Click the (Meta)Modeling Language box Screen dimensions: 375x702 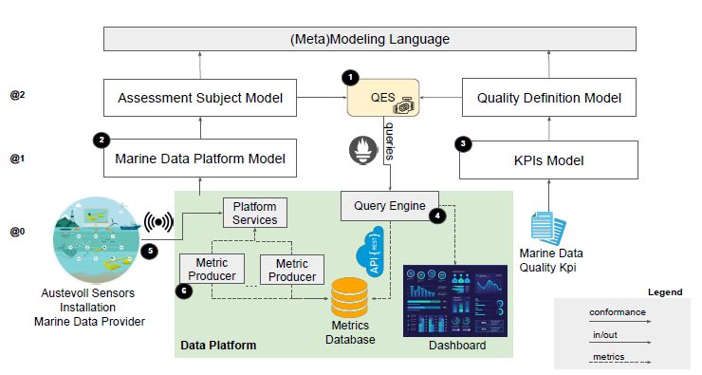369,39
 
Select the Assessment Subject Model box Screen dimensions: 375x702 199,98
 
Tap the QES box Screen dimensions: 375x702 382,98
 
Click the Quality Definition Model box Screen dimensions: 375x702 548,98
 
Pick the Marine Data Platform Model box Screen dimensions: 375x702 199,158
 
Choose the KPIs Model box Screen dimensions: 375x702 548,158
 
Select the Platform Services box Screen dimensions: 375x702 255,213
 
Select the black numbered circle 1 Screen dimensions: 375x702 350,76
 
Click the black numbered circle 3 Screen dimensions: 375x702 463,143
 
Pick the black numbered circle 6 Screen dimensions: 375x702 183,291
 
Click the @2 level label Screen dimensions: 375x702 16,96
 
